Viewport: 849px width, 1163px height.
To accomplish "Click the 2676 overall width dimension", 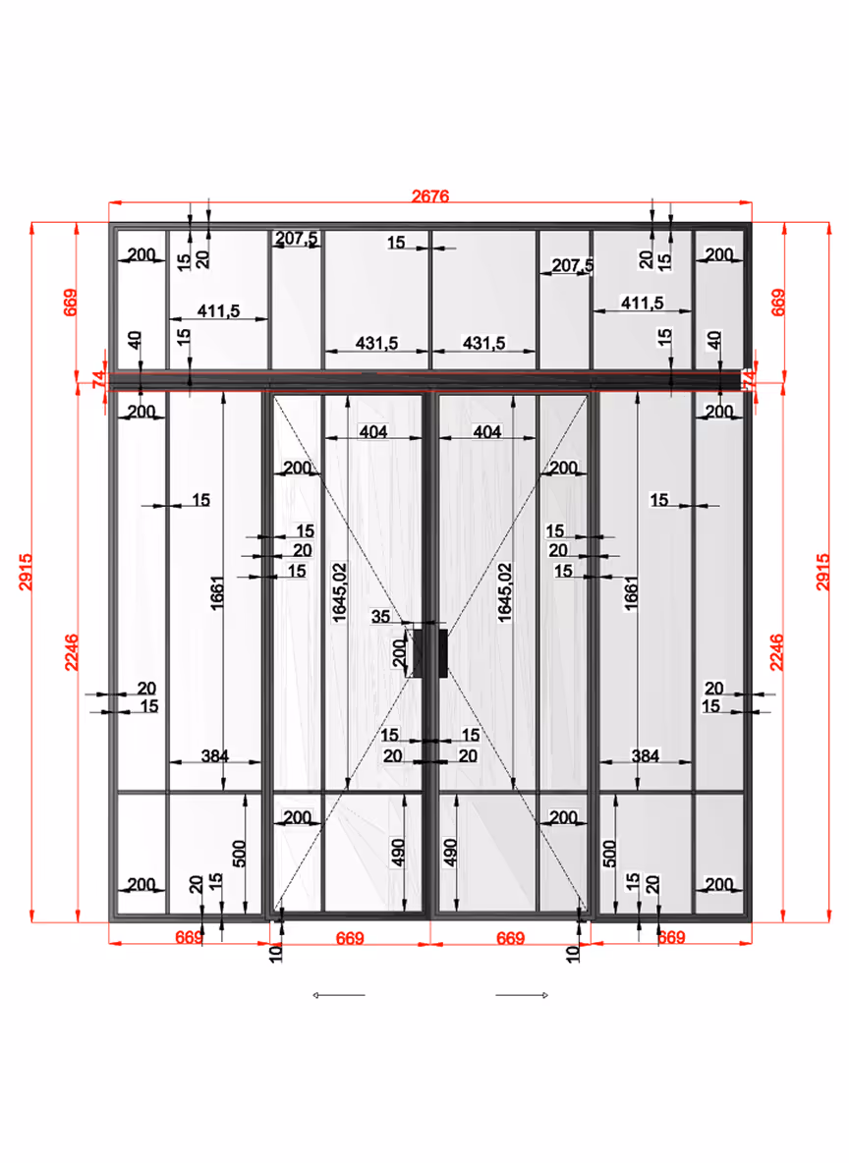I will (430, 196).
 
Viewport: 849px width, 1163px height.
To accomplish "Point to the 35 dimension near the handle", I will (381, 617).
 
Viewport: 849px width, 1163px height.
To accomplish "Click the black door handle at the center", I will (430, 652).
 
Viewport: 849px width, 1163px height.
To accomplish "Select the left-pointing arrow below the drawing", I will (338, 995).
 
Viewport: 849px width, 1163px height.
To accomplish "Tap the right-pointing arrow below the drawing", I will (522, 995).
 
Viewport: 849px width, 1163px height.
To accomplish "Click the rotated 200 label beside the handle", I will (399, 652).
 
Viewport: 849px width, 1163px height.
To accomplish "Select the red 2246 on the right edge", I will (776, 652).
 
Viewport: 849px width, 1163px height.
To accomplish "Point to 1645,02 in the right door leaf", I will (504, 591).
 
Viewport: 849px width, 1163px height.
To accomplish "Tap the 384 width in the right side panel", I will (645, 756).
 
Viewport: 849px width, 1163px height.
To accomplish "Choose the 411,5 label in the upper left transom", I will (218, 310).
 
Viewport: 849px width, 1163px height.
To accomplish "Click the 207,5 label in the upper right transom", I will (572, 265).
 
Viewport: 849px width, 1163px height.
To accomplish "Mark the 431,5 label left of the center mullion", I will (376, 343).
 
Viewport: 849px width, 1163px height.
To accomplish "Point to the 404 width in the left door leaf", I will (373, 431).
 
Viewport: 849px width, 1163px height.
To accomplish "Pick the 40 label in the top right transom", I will (714, 341).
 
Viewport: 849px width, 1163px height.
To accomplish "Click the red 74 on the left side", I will (97, 380).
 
